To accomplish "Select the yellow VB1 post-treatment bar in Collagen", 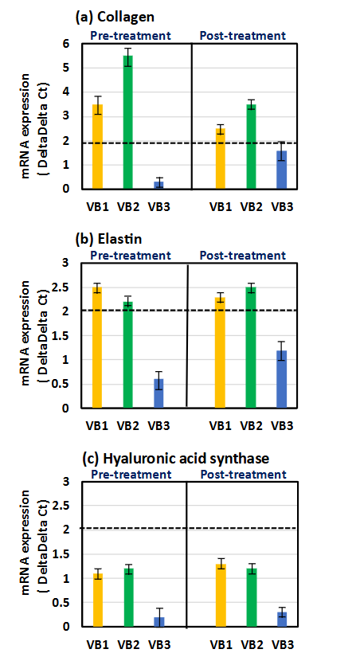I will tap(220, 159).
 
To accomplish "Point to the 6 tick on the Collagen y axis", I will tap(77, 44).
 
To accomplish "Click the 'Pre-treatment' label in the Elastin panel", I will tap(130, 256).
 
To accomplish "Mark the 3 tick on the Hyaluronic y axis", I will tap(77, 481).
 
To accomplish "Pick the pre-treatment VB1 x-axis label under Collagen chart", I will tap(96, 206).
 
